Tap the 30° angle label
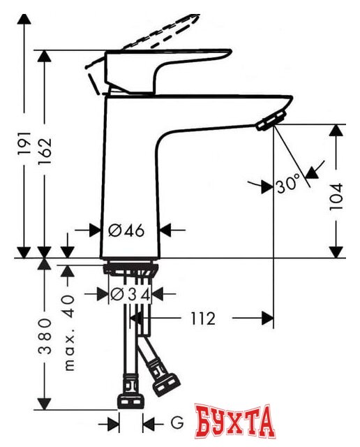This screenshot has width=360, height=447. tap(288, 185)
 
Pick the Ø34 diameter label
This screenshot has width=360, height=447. tap(130, 295)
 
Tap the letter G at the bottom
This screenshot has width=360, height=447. tap(177, 423)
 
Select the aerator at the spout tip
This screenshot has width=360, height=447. tap(271, 121)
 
